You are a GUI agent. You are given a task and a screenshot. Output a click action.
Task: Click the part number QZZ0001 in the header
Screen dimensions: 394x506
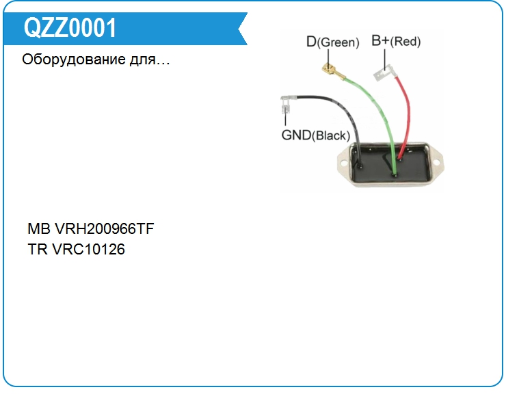(x=70, y=28)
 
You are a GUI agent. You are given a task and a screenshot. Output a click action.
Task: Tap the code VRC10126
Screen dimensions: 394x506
(x=88, y=249)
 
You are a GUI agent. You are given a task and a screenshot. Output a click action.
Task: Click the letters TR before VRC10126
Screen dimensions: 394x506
(x=37, y=249)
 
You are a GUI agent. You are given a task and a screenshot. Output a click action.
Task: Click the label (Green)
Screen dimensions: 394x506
(x=339, y=42)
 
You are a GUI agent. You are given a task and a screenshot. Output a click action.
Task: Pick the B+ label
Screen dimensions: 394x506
(x=380, y=41)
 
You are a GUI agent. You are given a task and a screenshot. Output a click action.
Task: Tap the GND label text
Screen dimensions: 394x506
(x=296, y=135)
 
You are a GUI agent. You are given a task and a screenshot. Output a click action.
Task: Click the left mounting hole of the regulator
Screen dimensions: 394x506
(x=342, y=162)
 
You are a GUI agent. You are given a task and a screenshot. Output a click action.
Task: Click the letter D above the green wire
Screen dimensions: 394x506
(x=312, y=42)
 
